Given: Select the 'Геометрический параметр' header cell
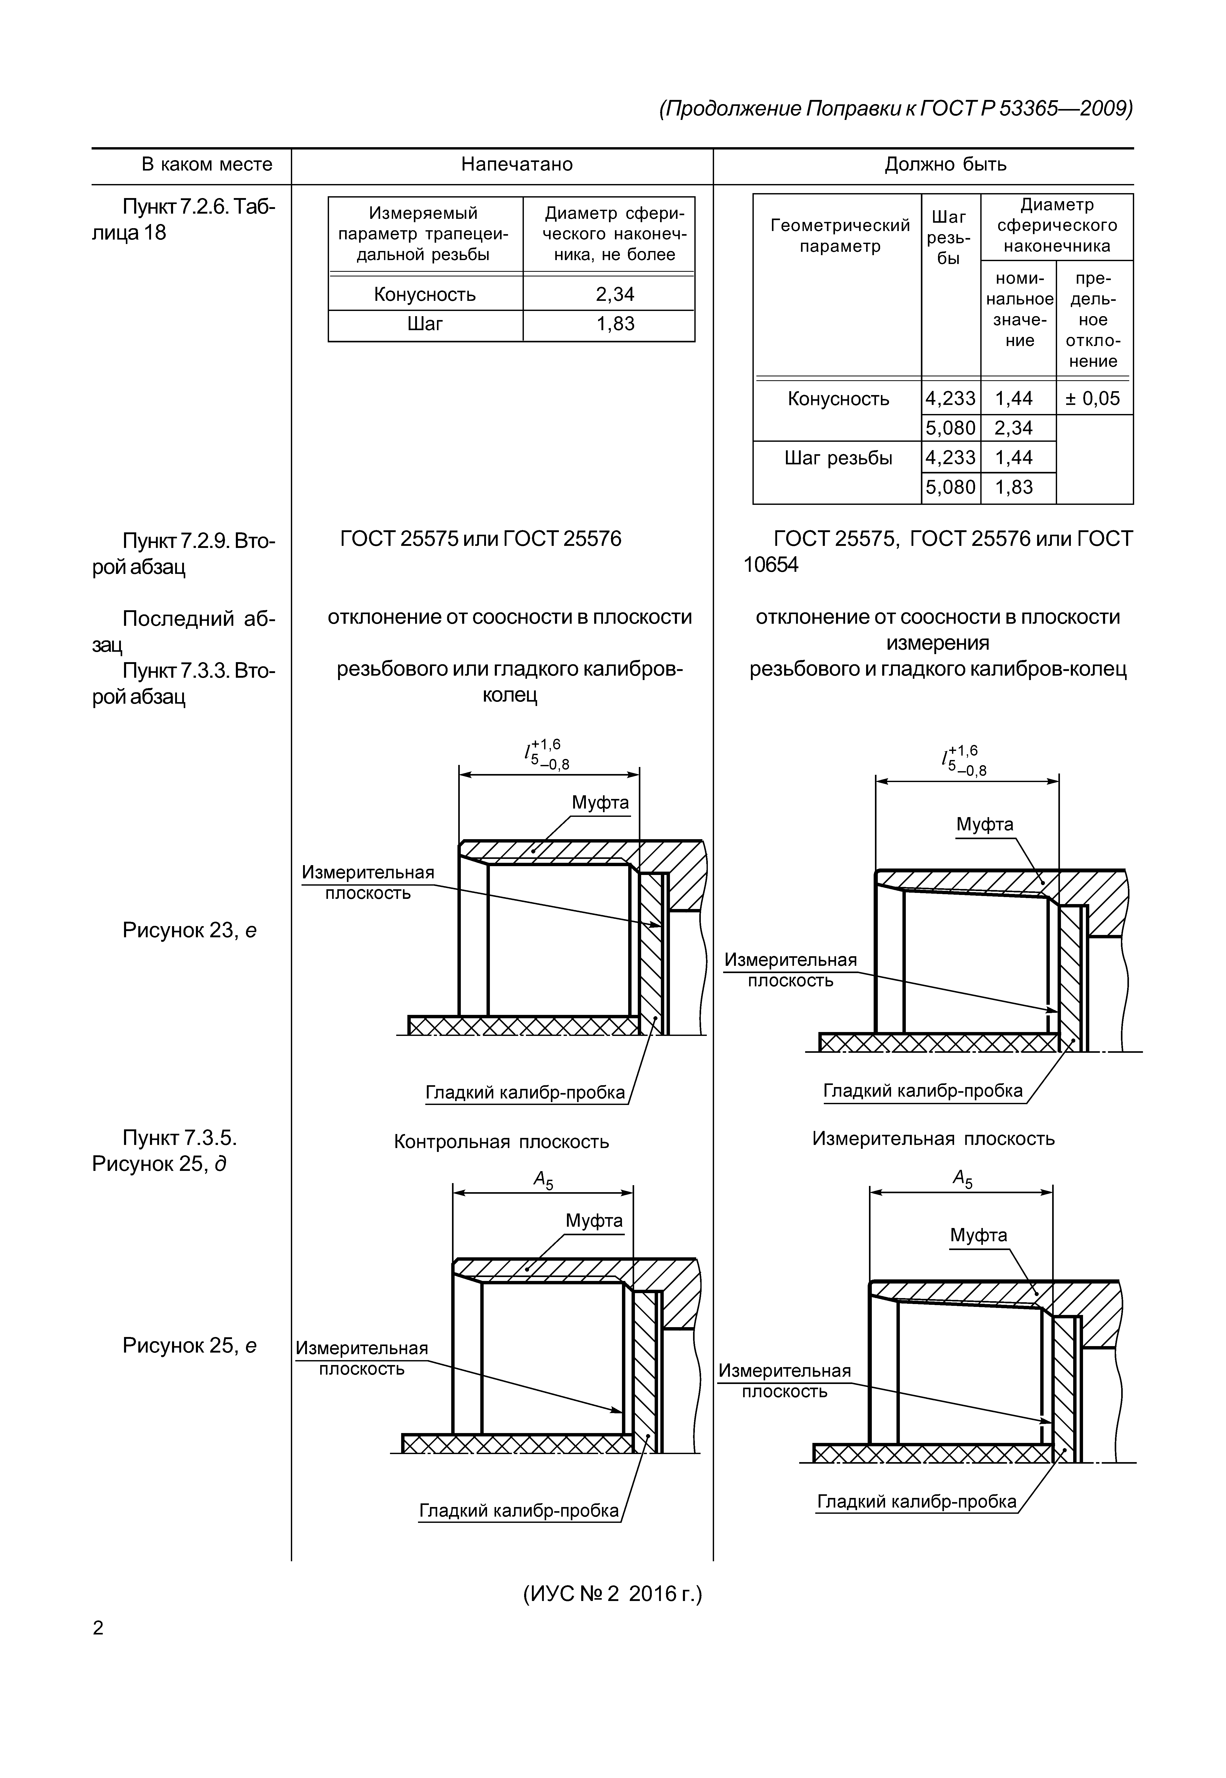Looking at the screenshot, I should (840, 236).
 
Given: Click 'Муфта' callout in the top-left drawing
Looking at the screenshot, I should (600, 803).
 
